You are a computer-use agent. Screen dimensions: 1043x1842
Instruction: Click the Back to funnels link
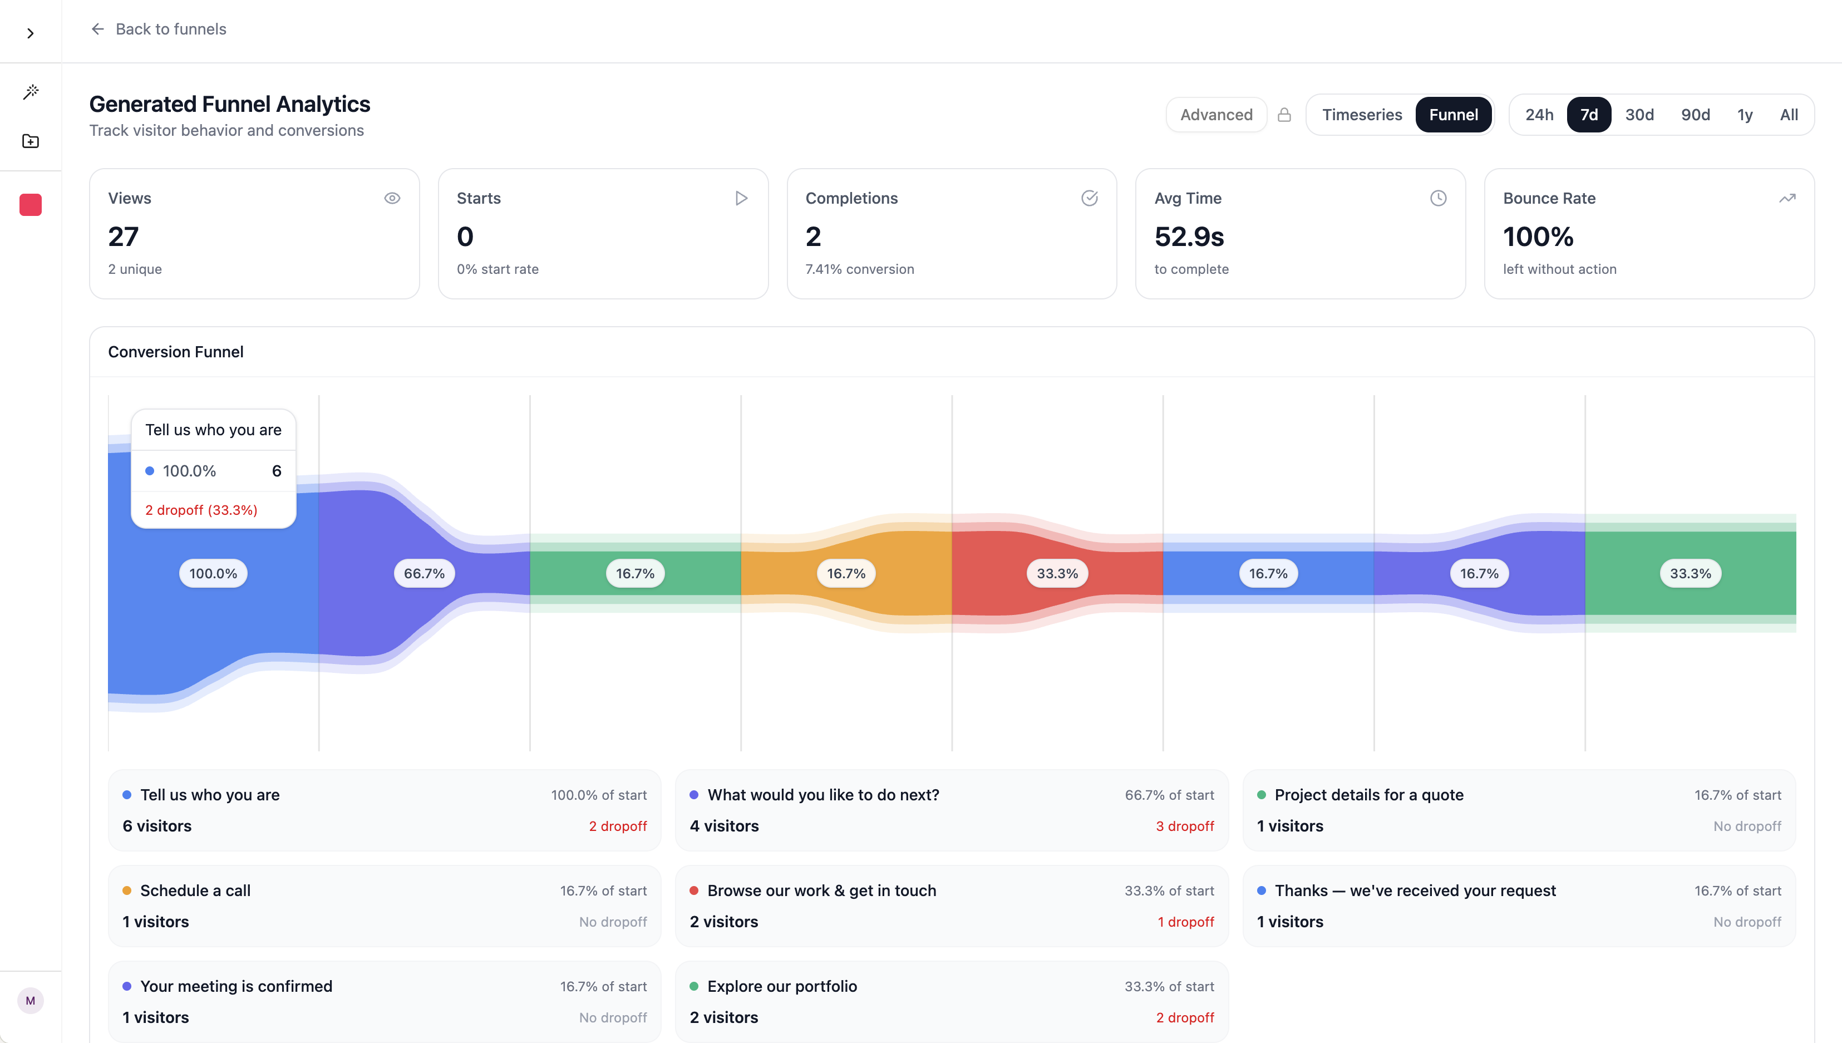(159, 28)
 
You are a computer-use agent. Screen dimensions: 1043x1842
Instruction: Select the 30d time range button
(1639, 115)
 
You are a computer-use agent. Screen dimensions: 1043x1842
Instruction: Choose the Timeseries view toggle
(1361, 115)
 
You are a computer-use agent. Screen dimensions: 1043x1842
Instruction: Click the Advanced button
(1216, 115)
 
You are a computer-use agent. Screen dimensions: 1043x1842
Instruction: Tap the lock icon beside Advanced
(1284, 115)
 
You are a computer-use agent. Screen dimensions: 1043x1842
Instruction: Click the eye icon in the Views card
(392, 199)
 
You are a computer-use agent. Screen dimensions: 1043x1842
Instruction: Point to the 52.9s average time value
(1189, 237)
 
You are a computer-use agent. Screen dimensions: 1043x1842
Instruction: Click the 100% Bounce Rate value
(1538, 237)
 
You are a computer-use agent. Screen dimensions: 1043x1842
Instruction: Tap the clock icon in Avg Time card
(1438, 199)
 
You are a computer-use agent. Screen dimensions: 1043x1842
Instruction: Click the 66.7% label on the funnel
(424, 574)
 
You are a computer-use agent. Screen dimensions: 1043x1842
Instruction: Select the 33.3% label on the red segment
(1057, 574)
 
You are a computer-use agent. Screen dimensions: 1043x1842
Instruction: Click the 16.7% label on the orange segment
(846, 574)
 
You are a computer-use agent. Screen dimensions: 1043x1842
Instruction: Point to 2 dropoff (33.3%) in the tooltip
(201, 510)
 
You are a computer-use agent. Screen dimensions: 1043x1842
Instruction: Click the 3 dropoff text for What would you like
(1185, 826)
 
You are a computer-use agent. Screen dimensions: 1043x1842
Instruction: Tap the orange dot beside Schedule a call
(127, 891)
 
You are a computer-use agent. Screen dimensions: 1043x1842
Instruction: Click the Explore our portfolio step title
(782, 986)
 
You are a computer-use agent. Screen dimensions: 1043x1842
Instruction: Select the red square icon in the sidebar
(30, 205)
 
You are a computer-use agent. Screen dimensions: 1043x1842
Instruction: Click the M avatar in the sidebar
(30, 1001)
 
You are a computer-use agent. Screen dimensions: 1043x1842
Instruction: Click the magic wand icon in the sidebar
(30, 92)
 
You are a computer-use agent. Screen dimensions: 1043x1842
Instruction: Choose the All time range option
(1788, 115)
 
